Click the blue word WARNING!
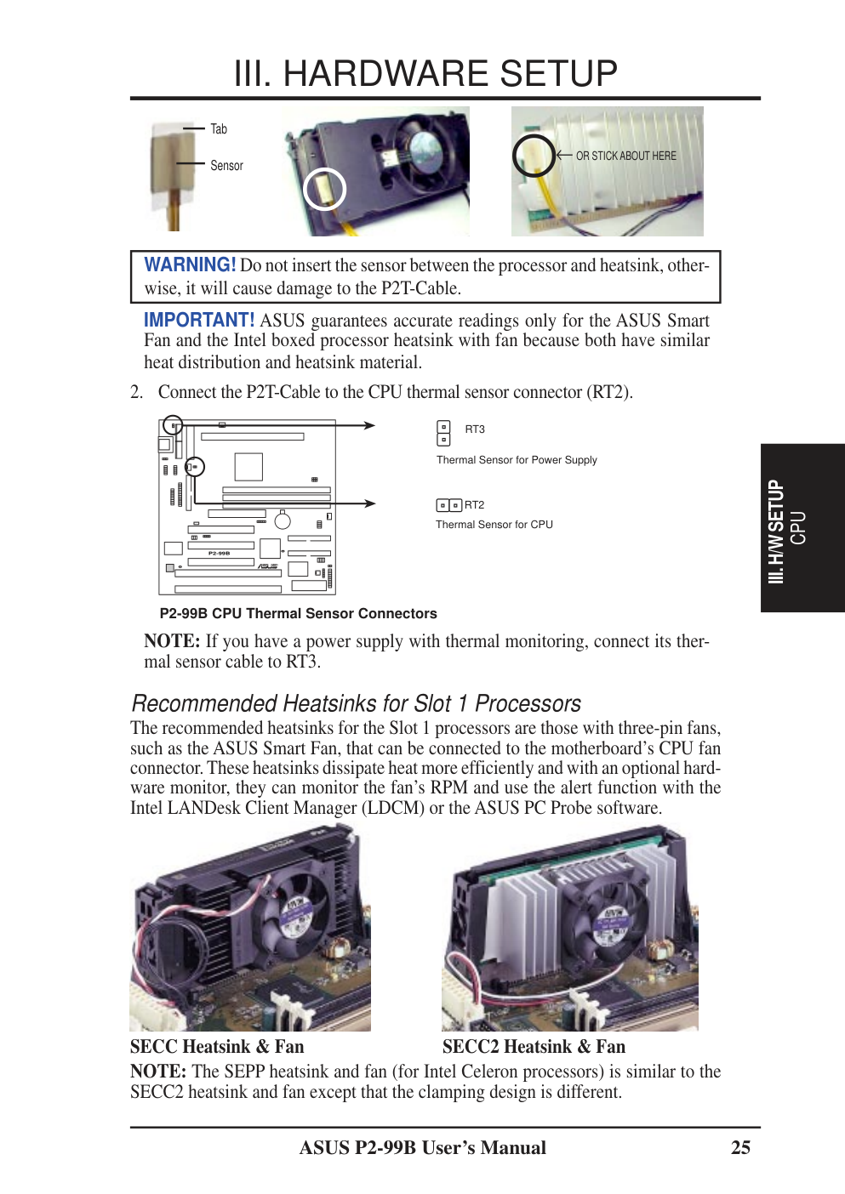coord(190,264)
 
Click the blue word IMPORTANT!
coord(199,320)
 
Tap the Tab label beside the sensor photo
coord(219,129)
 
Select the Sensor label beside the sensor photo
coord(226,166)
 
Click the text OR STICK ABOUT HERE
coord(625,156)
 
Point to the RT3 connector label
coord(475,429)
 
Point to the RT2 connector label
coord(474,505)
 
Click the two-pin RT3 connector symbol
coord(443,433)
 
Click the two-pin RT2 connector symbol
coord(449,505)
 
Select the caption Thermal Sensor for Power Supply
coord(517,460)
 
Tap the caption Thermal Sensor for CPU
coord(494,525)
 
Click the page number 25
coord(740,1147)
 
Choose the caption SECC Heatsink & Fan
coord(217,1047)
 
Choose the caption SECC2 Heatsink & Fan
coord(534,1047)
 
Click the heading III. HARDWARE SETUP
coord(425,74)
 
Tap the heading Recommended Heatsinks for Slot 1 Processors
coord(357,703)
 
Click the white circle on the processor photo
coord(324,189)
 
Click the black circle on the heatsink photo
coord(534,155)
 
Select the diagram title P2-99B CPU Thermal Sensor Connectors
coord(298,613)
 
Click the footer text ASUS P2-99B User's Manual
coord(422,1147)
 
